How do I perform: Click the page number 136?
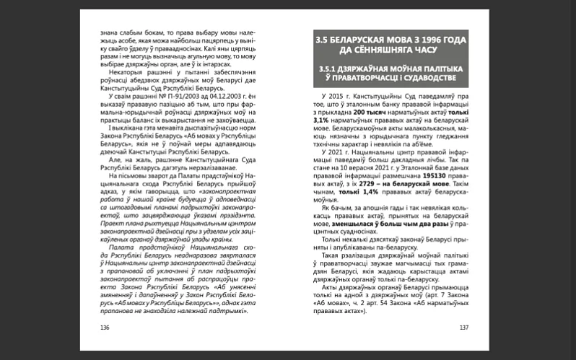(105, 326)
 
